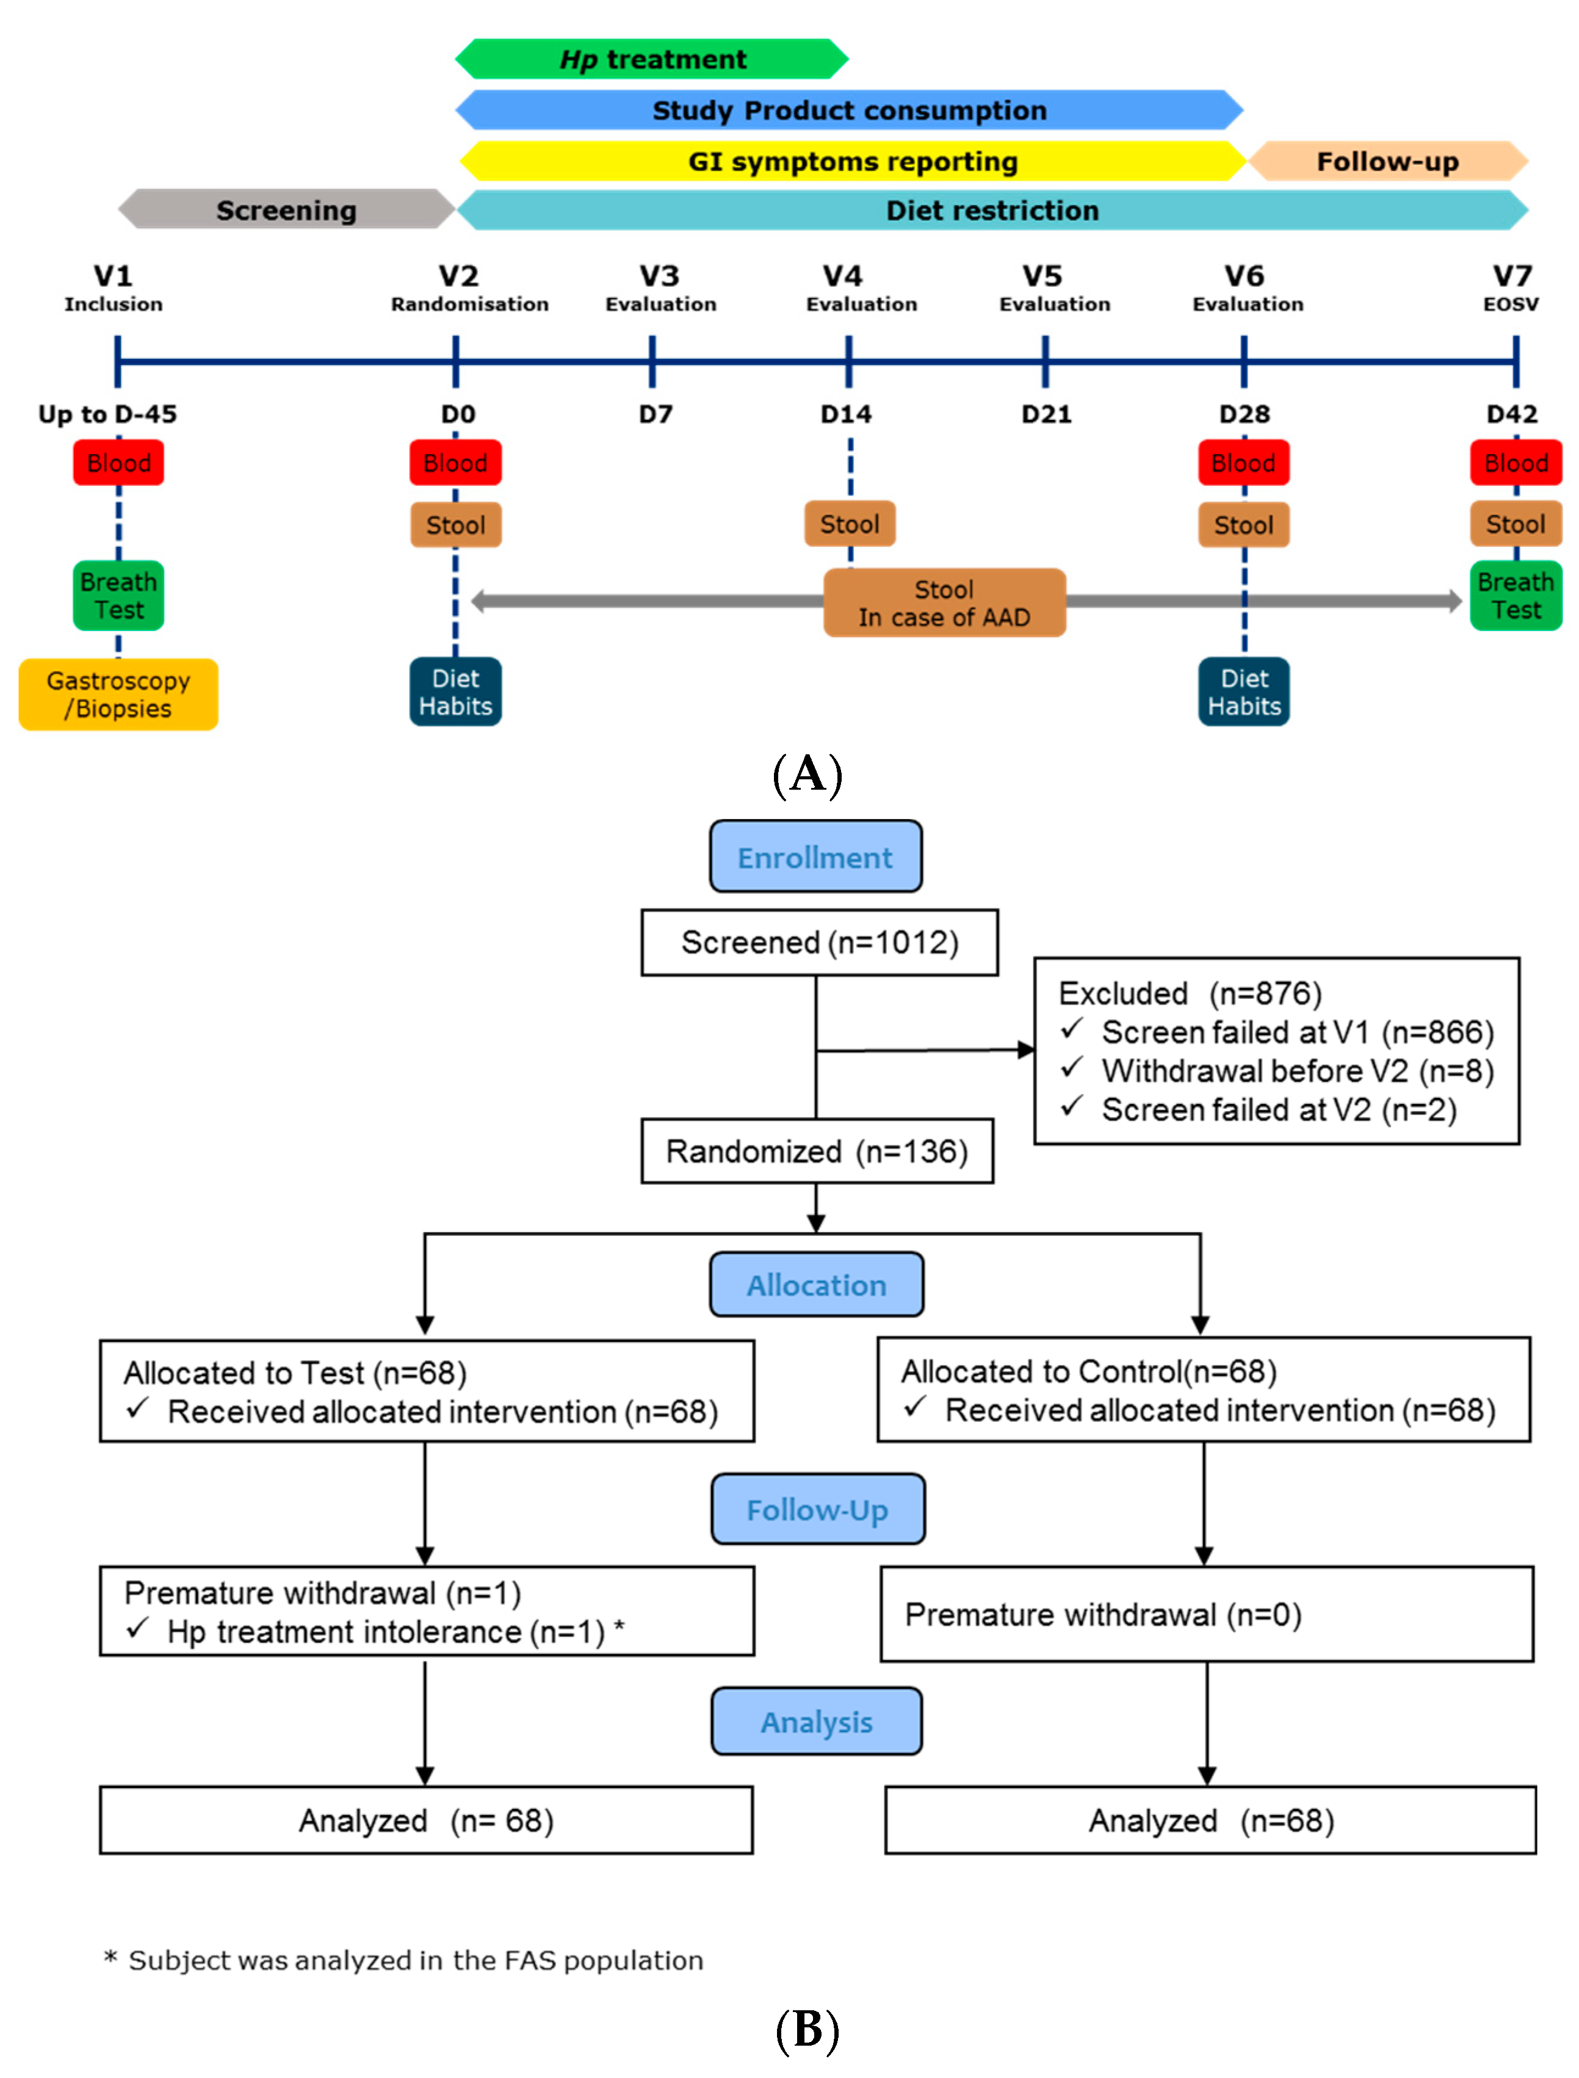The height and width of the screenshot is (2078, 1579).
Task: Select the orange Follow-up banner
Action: click(1387, 162)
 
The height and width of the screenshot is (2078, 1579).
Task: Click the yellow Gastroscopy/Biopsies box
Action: click(118, 694)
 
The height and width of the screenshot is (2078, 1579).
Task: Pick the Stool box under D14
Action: click(850, 524)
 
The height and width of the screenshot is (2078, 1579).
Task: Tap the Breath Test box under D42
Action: click(1515, 596)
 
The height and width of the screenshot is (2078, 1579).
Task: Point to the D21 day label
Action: click(1046, 414)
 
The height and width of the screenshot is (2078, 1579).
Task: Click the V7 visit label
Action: click(1512, 276)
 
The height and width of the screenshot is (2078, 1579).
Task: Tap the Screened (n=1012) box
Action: click(818, 943)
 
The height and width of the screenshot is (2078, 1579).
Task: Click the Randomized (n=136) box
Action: click(817, 1152)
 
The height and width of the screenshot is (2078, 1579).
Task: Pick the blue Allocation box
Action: click(816, 1285)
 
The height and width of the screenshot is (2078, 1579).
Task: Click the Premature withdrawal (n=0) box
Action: click(1206, 1615)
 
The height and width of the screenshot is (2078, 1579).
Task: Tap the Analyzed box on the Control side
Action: click(1210, 1820)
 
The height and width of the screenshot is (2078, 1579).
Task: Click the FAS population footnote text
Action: click(416, 1960)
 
